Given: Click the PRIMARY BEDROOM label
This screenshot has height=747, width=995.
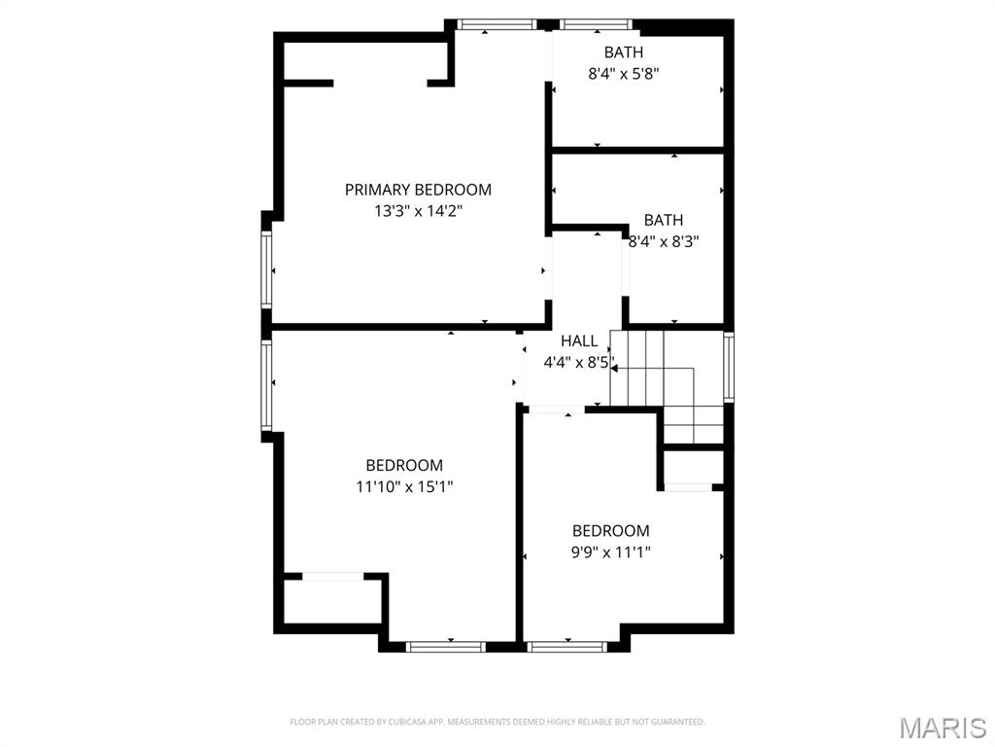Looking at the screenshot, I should [x=418, y=190].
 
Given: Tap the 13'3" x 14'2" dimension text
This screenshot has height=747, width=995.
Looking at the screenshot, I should [x=418, y=211].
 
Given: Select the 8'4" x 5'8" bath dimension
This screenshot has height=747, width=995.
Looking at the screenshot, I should [x=624, y=73].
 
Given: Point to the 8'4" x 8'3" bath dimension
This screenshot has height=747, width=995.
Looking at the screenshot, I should [x=664, y=241].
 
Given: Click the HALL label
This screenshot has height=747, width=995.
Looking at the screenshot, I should [x=579, y=341].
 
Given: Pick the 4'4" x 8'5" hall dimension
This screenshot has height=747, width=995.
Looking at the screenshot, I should [x=579, y=363].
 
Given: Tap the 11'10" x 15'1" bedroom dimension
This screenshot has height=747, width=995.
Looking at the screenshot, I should [x=404, y=486].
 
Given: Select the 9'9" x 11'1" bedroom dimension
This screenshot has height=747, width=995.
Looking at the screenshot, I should [x=610, y=552].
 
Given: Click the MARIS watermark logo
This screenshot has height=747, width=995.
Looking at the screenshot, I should [x=942, y=728].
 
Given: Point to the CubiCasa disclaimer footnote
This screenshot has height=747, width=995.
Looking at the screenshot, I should [x=497, y=722].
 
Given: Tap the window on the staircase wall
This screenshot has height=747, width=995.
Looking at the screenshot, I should [x=729, y=367].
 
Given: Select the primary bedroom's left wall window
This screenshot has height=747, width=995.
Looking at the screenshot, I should [x=265, y=270].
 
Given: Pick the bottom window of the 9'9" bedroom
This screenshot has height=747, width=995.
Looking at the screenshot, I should [x=566, y=645].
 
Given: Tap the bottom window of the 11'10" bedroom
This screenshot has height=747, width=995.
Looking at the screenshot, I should [x=445, y=646].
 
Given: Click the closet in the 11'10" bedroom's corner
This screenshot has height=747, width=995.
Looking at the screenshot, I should [x=330, y=601].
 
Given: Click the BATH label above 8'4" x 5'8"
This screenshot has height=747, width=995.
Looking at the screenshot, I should [x=624, y=53].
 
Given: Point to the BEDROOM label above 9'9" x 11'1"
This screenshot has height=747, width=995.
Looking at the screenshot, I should [x=610, y=531].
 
